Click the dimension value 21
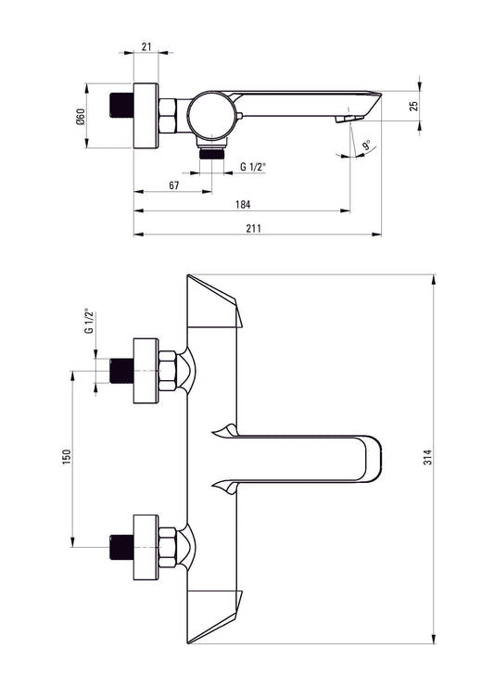pos(146,46)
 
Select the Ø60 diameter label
pos(81,117)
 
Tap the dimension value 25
pos(414,106)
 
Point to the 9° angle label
pos(366,146)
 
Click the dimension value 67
pos(174,185)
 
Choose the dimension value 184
pos(243,205)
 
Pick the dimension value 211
pos(253,228)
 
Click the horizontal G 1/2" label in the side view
pos(253,167)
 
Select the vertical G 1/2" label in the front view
pos(89,321)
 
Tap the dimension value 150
pos(67,457)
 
